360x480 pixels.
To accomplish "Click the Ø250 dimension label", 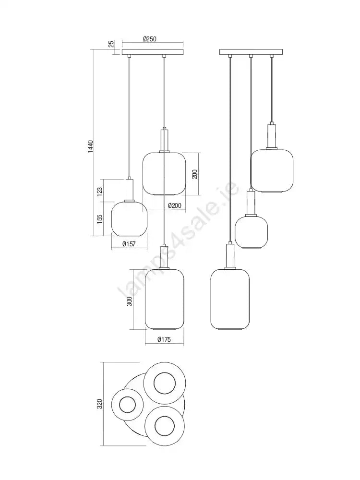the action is click(x=150, y=39).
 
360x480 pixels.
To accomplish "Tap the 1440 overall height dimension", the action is click(x=90, y=147).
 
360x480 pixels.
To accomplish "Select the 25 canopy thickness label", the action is click(x=111, y=44).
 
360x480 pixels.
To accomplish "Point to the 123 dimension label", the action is click(x=99, y=192).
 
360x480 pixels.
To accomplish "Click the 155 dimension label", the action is click(x=99, y=219).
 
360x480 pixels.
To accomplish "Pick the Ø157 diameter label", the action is click(x=129, y=244).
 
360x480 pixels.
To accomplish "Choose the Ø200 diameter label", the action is click(x=175, y=206).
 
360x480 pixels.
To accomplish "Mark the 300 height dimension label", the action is click(x=130, y=301).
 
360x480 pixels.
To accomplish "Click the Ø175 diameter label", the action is click(x=164, y=339).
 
